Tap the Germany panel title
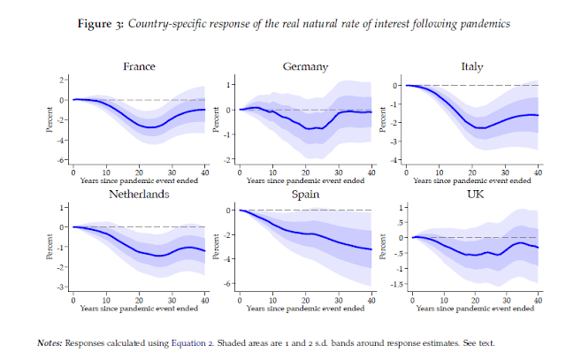click(306, 66)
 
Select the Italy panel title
click(471, 66)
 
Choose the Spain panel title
click(306, 195)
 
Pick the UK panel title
click(471, 195)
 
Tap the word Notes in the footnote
click(50, 342)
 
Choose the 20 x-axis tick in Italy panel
click(470, 170)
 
